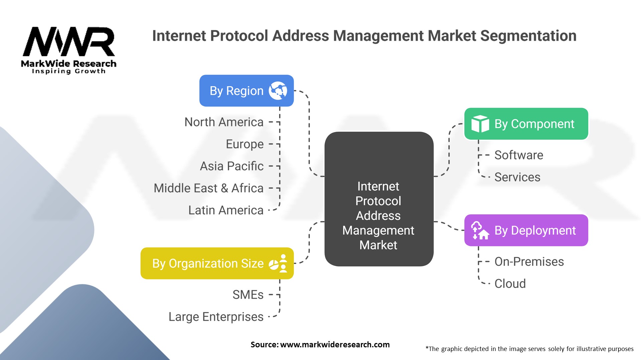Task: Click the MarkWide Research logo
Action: [x=69, y=50]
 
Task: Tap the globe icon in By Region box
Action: [x=278, y=91]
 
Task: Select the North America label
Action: [x=224, y=122]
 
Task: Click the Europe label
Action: [x=245, y=144]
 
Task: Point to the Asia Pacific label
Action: [x=232, y=166]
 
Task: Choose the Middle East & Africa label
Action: [x=209, y=188]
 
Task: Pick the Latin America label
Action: [x=226, y=210]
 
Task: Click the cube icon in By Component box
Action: [x=480, y=124]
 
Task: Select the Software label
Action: [x=519, y=155]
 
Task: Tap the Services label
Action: [x=517, y=177]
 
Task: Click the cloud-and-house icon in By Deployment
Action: [x=480, y=230]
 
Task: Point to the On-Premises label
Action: [x=529, y=262]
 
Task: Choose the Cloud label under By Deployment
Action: [x=510, y=284]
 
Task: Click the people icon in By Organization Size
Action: [x=278, y=263]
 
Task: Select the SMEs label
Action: [x=248, y=295]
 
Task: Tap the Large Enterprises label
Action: [x=216, y=317]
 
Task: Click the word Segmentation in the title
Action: [x=528, y=36]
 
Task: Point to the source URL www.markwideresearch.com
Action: [x=335, y=345]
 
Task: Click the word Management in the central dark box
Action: [x=378, y=231]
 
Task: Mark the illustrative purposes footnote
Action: [x=529, y=349]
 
